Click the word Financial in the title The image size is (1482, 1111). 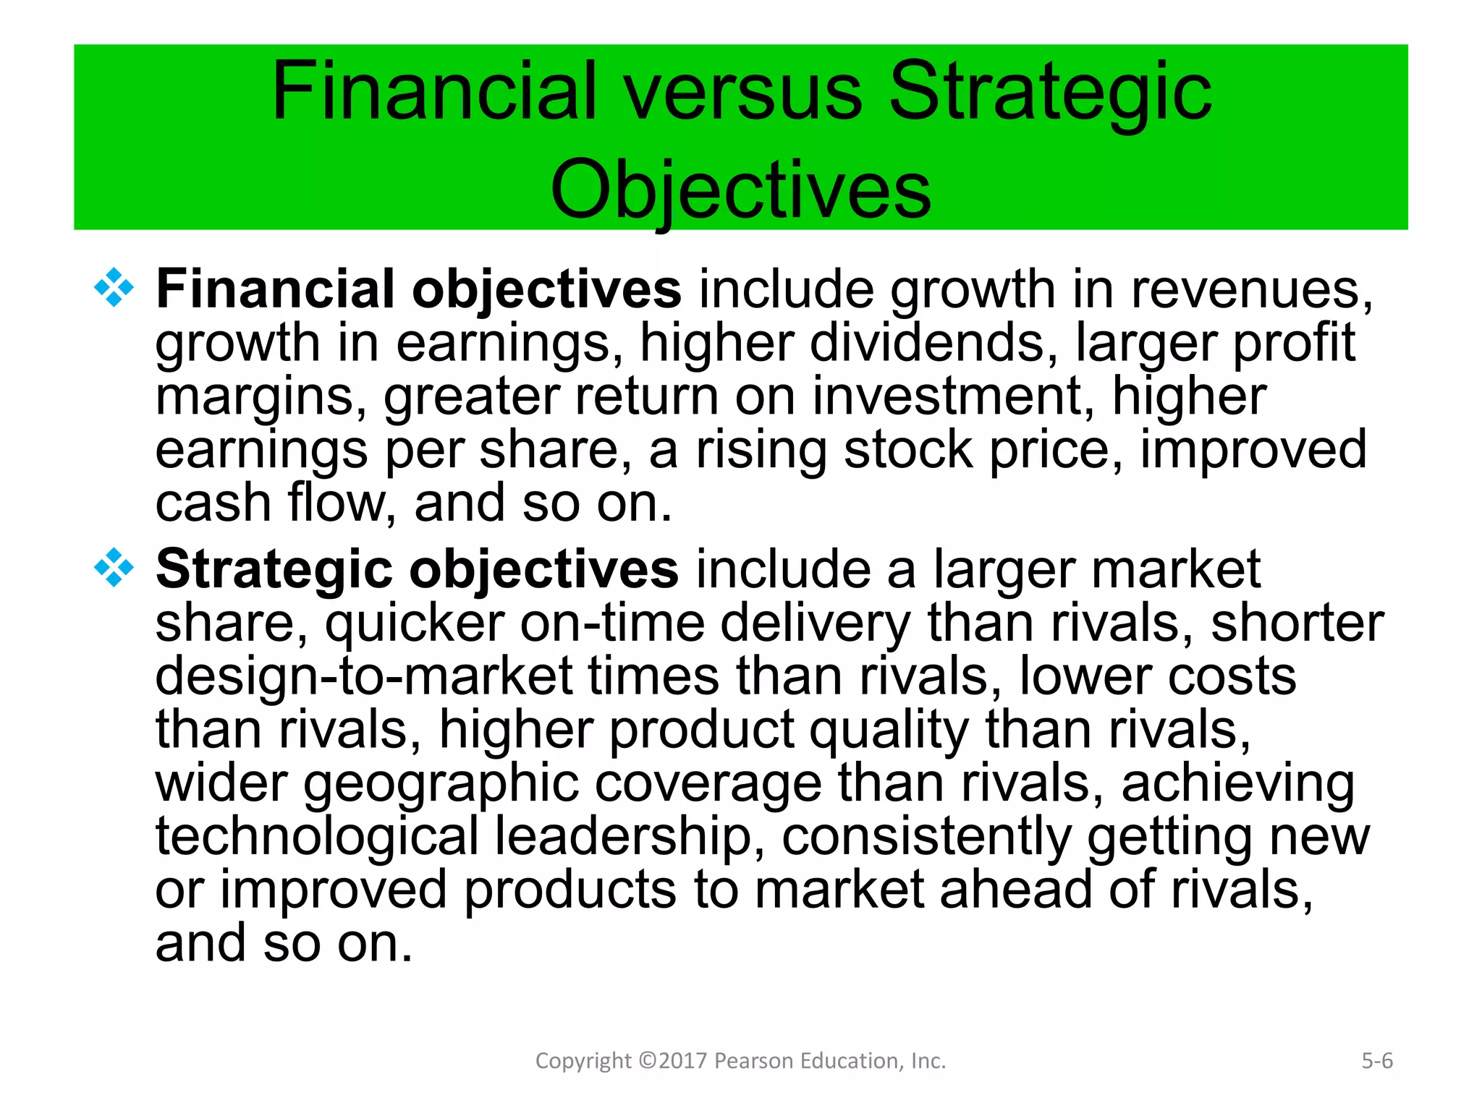click(434, 92)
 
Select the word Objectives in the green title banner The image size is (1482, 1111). click(740, 190)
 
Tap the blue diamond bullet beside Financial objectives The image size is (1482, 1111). click(114, 288)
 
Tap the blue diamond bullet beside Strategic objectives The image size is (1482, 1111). click(114, 567)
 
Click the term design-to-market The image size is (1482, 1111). click(364, 677)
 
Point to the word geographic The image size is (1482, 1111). click(441, 784)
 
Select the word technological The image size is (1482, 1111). click(317, 838)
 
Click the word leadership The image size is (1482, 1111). click(623, 838)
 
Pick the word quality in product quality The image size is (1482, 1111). click(888, 731)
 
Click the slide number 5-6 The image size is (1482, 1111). click(1376, 1061)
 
